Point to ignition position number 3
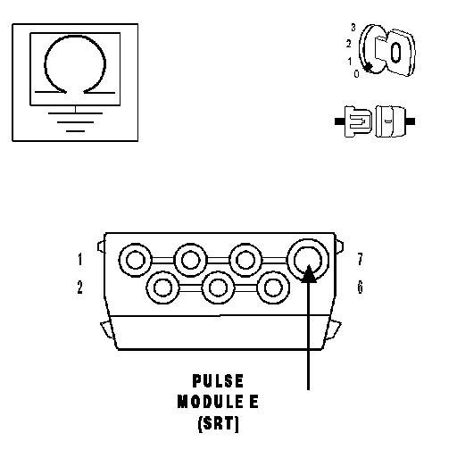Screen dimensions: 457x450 [x=353, y=28]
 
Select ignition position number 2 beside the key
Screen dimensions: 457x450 [x=348, y=44]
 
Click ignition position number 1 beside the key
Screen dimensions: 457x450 [x=350, y=62]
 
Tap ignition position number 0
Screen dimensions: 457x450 [x=356, y=73]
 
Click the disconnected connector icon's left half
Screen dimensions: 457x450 [x=354, y=121]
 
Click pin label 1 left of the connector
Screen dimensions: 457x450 [x=79, y=259]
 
